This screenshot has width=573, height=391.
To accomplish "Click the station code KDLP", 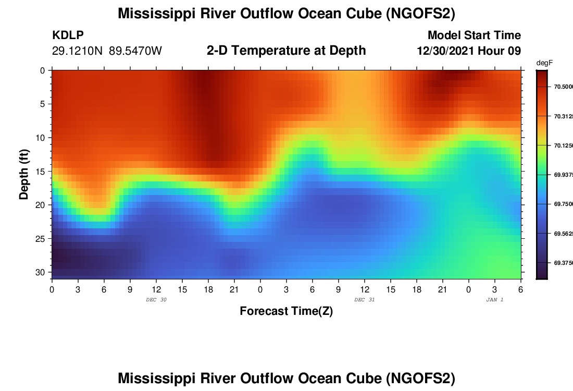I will (x=68, y=35).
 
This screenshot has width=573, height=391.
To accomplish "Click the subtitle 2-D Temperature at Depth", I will (x=286, y=51).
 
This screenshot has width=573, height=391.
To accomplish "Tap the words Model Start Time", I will (x=474, y=35).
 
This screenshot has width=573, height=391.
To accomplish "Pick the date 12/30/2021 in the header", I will (x=447, y=51).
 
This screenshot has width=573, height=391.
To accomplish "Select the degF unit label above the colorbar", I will (x=544, y=63).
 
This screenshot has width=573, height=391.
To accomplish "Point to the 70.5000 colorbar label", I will (x=563, y=87).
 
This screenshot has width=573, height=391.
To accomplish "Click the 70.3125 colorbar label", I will (x=563, y=116).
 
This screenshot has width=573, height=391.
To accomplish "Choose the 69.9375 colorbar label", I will (x=563, y=175).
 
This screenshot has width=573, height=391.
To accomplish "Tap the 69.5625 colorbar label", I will (x=563, y=234).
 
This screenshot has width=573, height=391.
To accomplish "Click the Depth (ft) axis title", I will (x=24, y=174).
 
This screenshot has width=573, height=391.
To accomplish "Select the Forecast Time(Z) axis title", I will (x=286, y=311).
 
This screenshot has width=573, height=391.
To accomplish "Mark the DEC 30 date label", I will (x=156, y=300).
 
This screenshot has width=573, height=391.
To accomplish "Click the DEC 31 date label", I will (x=364, y=300).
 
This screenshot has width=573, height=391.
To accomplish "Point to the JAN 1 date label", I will (x=494, y=300).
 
